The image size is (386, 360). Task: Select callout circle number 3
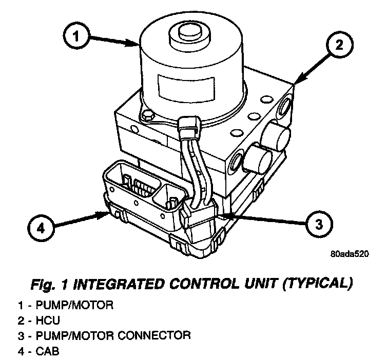[x=318, y=224]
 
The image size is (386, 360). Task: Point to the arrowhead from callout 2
[x=297, y=82]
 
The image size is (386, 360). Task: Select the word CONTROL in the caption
[x=205, y=283]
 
